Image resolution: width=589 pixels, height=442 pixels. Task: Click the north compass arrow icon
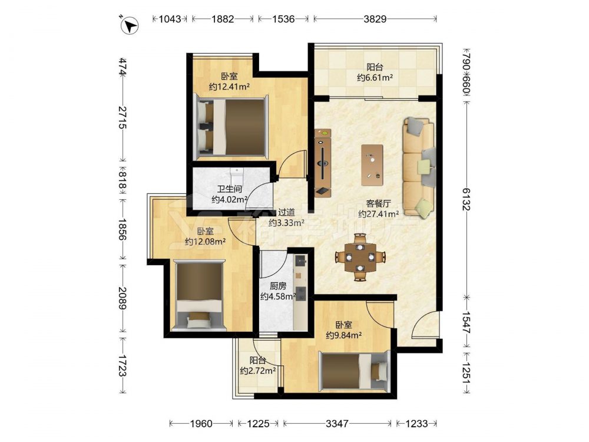pos(130,25)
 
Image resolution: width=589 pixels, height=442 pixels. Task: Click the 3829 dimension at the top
pos(375,19)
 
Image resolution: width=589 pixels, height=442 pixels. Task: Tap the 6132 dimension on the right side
pos(466,199)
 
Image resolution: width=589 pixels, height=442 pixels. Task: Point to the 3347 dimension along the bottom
pos(337,424)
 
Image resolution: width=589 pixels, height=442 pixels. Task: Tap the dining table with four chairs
pos(360,258)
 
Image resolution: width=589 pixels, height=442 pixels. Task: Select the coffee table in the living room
pos(372,165)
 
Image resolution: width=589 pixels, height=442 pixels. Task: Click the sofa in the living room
pos(419,168)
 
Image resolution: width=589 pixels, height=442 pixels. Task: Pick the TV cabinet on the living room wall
pos(323,163)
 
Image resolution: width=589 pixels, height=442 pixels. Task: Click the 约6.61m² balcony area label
pos(375,78)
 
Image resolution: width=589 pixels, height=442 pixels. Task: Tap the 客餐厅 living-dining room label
pos(378,203)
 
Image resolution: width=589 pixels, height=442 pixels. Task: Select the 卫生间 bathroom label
pos(229,189)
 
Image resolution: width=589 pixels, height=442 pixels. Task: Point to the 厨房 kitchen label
pos(278,286)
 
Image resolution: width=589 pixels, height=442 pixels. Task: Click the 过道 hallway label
pos(286,213)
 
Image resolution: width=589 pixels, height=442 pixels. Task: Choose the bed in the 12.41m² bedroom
pos(231,127)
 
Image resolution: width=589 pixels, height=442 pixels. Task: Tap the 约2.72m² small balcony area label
pos(258,371)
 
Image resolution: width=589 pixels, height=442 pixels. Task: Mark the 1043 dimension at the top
pos(170,19)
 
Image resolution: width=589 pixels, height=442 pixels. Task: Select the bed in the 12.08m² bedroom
pos(200,295)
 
